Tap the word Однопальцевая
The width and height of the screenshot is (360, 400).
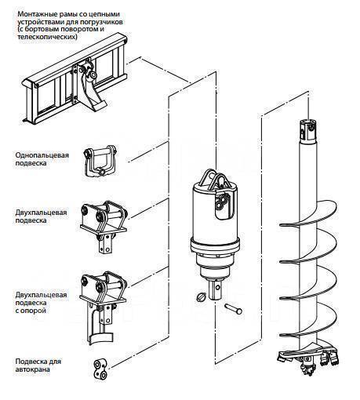pyautogui.click(x=42, y=155)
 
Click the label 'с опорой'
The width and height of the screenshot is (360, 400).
pyautogui.click(x=31, y=311)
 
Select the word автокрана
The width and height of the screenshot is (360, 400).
pyautogui.click(x=32, y=369)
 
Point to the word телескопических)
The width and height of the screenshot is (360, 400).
pyautogui.click(x=47, y=37)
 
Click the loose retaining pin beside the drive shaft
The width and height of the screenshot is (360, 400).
pyautogui.click(x=233, y=308)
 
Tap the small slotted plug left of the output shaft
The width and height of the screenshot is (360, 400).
pyautogui.click(x=201, y=297)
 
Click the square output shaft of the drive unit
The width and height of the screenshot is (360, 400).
pyautogui.click(x=216, y=289)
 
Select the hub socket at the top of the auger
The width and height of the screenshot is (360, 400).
pyautogui.click(x=308, y=131)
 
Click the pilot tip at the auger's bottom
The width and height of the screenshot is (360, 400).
pyautogui.click(x=309, y=367)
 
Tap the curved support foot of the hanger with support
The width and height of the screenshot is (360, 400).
pyautogui.click(x=100, y=338)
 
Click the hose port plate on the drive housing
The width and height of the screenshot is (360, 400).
pyautogui.click(x=222, y=205)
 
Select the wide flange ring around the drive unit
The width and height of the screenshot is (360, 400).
pyautogui.click(x=215, y=245)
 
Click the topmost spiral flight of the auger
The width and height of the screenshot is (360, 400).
pyautogui.click(x=308, y=214)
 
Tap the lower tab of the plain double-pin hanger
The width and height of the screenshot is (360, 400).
pyautogui.click(x=106, y=244)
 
